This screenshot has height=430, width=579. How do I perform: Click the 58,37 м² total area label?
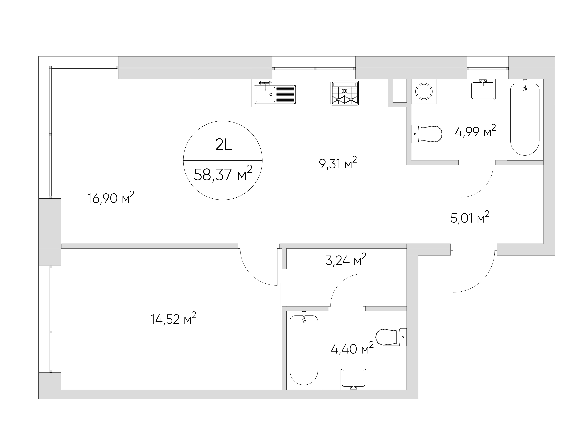point(223,174)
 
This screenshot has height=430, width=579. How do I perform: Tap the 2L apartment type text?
point(223,146)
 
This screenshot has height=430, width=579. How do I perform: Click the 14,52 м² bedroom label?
point(173,319)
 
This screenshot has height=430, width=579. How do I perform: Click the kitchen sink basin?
point(265,94)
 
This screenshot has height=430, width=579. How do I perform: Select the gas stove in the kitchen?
point(345,93)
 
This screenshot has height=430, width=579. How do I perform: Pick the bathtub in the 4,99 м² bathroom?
point(525,120)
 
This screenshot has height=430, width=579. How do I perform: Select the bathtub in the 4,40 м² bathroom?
point(304,350)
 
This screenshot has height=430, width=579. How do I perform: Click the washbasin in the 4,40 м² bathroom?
point(353,379)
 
